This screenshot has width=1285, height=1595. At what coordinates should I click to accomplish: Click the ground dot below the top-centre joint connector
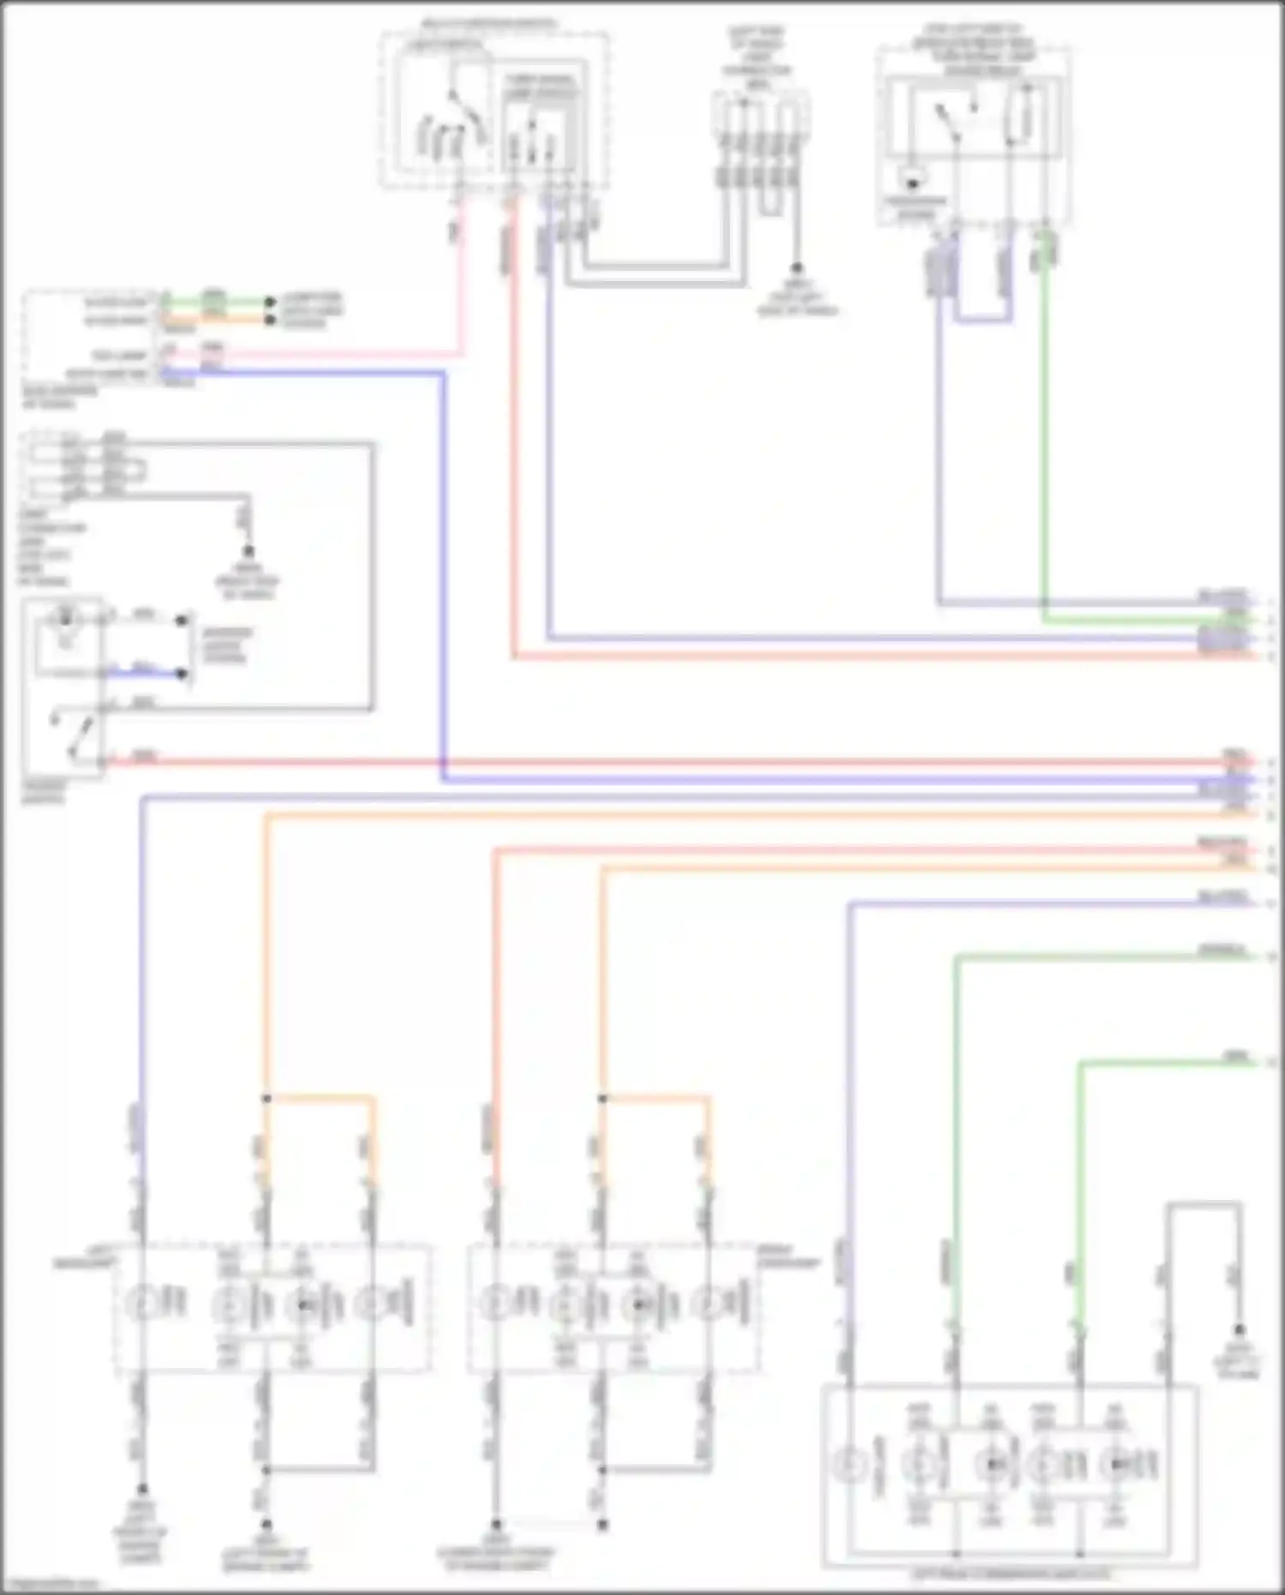pos(797,268)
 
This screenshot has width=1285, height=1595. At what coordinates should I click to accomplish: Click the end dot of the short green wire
pos(270,302)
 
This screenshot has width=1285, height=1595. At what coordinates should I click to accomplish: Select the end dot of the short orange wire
pos(270,320)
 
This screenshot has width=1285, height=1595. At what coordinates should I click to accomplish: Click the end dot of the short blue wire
pos(182,674)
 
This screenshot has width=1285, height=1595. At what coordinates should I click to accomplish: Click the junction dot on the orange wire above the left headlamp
pos(266,1098)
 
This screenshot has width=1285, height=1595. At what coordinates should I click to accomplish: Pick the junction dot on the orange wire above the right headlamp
pos(602,1098)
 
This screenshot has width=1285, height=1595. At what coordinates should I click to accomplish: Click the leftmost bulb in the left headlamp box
pos(140,1304)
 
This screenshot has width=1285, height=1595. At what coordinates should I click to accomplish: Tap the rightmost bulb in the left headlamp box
pos(374,1304)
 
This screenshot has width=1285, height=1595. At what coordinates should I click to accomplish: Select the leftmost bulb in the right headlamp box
pos(494,1304)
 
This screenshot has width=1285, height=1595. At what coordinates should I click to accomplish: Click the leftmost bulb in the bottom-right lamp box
pos(852,1466)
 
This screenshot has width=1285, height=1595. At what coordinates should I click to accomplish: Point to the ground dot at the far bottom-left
pos(142,1490)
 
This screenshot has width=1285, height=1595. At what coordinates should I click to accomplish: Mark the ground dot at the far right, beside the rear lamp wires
pos(1239,1331)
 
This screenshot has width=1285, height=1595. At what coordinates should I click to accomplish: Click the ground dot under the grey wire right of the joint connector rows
pos(248,551)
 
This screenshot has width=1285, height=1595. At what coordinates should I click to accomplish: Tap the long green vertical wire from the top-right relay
pos(1044,429)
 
